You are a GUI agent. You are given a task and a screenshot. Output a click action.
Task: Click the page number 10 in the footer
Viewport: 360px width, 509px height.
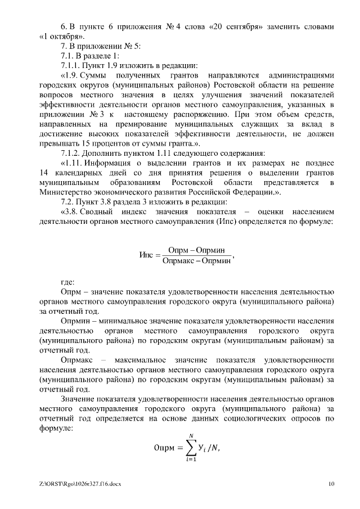coord(331,484)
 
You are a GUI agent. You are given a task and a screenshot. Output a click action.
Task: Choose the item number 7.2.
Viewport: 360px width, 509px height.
coord(68,201)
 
